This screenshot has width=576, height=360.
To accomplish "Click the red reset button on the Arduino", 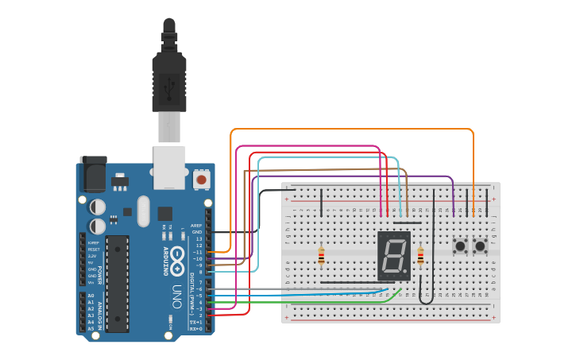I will pos(202,180).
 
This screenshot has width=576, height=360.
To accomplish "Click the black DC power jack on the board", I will pos(94,174).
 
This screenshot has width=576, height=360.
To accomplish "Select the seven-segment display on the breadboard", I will pos(393,256).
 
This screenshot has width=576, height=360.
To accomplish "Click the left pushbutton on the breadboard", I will pos(460,246).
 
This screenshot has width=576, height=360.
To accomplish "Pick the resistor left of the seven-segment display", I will pos(321,256).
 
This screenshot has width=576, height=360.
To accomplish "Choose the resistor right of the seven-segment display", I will pos(420,256).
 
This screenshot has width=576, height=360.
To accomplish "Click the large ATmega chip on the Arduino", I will pos(117,283).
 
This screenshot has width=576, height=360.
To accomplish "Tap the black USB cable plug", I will pos(169,79).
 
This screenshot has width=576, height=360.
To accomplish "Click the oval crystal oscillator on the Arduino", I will pos(143,211).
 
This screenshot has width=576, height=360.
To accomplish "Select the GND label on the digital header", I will pos(197,231).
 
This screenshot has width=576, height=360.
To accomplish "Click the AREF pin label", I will pos(196,225).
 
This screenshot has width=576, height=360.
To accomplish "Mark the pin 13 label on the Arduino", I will pos(199,238).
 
